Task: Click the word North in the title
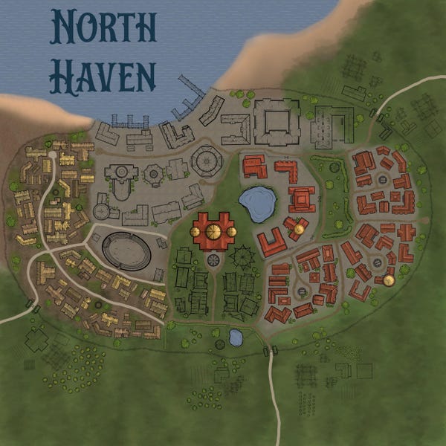(x=103, y=28)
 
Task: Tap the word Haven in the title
(x=103, y=74)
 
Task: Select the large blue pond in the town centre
(x=257, y=203)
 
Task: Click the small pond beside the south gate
(x=236, y=337)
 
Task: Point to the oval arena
(x=126, y=251)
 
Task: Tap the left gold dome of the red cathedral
(x=195, y=232)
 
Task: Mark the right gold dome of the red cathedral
(x=231, y=232)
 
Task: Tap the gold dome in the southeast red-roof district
(x=388, y=280)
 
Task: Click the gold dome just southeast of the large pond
(x=299, y=228)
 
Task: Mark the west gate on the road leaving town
(x=33, y=304)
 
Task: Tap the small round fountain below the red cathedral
(x=214, y=259)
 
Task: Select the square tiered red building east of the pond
(x=302, y=198)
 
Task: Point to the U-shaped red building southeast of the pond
(x=272, y=241)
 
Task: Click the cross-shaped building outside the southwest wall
(x=36, y=340)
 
